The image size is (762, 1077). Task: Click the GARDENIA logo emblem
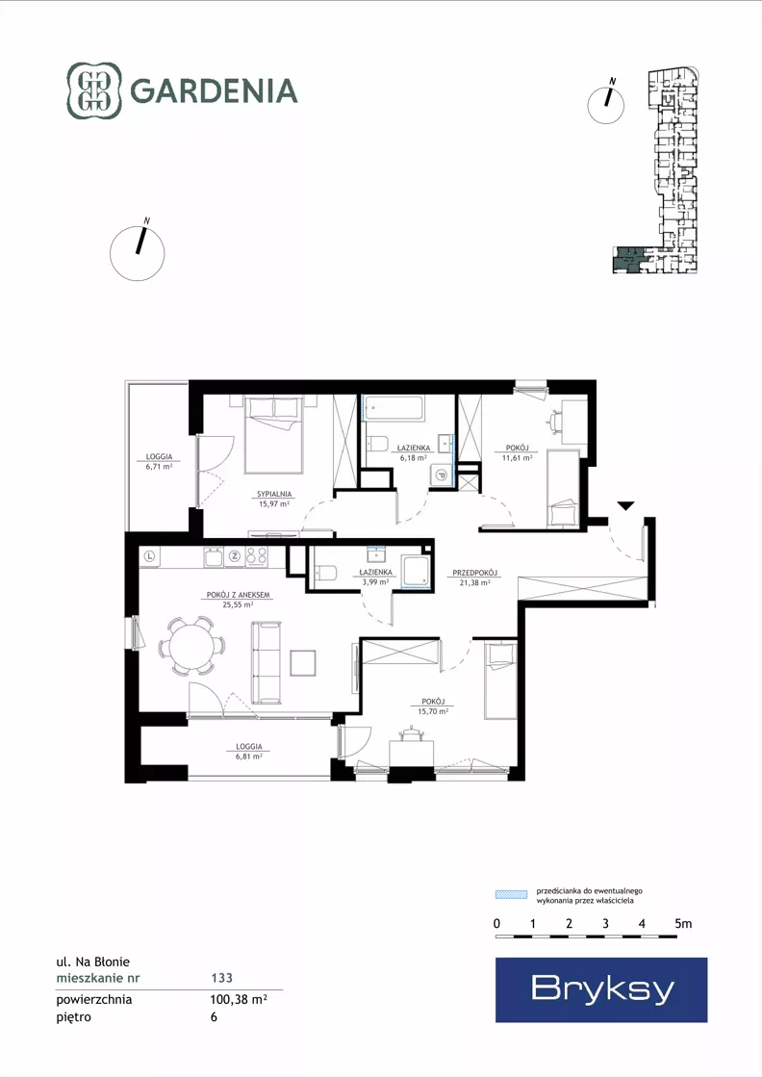pos(94,90)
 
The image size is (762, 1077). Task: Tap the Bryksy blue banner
pos(601,989)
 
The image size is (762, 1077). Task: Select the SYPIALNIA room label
pos(274,494)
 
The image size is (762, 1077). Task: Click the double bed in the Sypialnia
pos(274,435)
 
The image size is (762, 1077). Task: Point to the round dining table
pos(192,647)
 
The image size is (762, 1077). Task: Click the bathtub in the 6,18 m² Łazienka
pos(394,409)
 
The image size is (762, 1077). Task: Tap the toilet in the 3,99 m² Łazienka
pos(325,572)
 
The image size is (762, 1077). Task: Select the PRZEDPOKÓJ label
pos(475,572)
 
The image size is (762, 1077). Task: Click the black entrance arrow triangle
pos(624,506)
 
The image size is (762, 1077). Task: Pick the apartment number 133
pos(221,978)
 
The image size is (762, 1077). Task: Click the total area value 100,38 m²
pos(239,999)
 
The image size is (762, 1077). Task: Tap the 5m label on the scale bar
pos(683,924)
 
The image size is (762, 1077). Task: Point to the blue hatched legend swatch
pos(512,894)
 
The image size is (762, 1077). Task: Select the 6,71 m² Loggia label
pos(159,465)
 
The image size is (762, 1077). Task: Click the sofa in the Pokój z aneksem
pos(267,663)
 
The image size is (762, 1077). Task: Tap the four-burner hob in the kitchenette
pos(256,556)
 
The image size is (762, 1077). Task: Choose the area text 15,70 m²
pos(433,711)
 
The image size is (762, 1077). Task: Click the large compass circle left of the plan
pos(138,253)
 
